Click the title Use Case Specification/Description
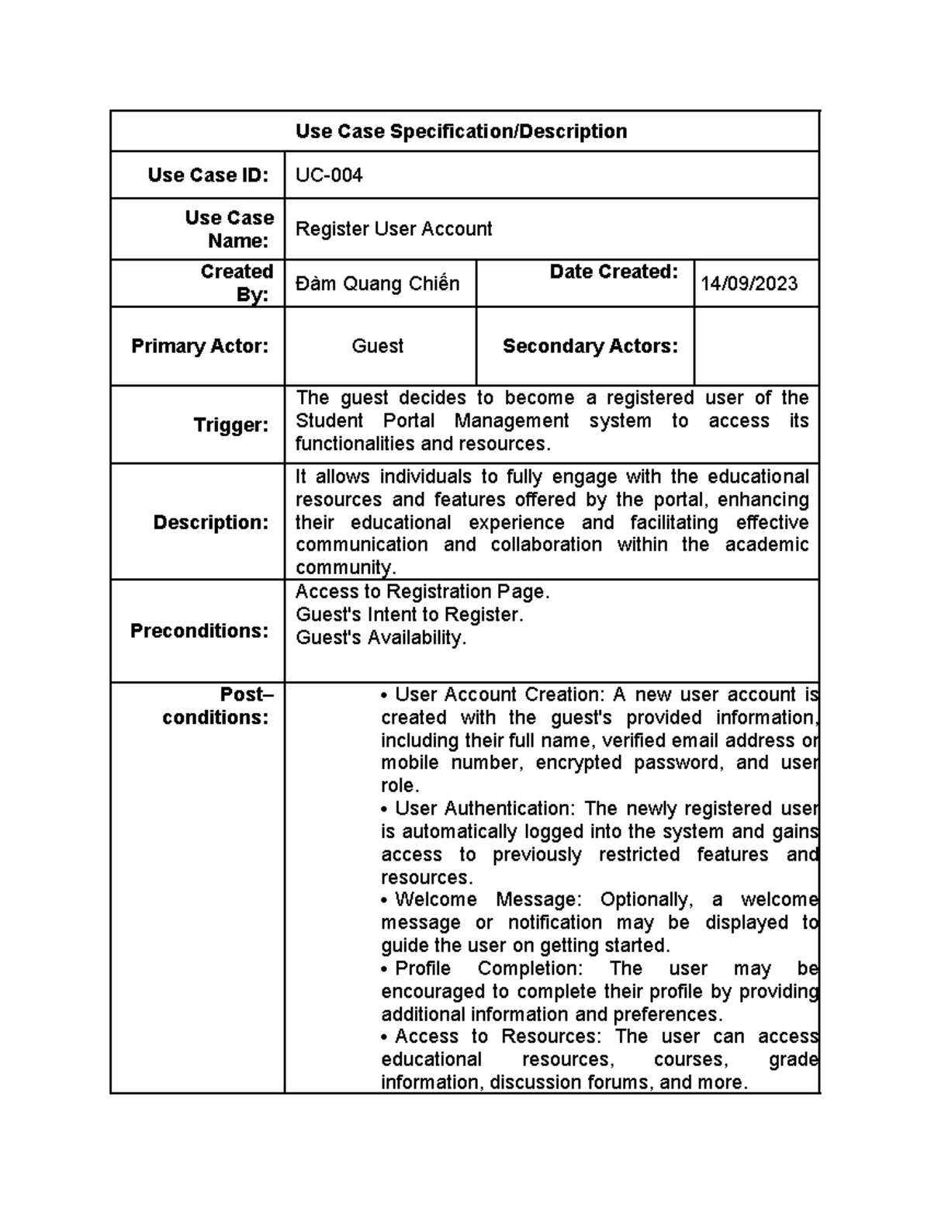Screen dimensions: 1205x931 (461, 131)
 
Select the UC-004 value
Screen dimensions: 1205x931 (329, 175)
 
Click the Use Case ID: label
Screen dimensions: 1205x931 (208, 175)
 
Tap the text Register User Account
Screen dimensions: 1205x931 (393, 229)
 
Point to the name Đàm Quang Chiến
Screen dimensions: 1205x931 (377, 284)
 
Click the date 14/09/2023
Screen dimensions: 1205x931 (749, 284)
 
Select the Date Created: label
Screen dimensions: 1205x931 (613, 272)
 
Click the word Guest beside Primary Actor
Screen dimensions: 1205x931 (377, 346)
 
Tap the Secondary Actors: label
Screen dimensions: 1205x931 (590, 346)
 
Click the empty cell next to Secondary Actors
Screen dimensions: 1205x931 (756, 346)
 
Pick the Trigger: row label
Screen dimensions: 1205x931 (230, 425)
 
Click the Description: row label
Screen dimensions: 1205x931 (210, 522)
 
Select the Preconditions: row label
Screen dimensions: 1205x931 (199, 631)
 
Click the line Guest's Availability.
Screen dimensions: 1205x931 (381, 638)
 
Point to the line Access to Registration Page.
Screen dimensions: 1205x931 (422, 592)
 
